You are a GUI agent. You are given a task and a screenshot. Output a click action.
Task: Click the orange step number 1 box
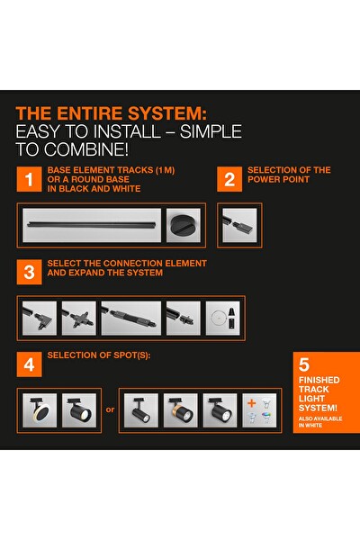point(30,179)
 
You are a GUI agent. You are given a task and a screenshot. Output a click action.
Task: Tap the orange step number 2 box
point(229,179)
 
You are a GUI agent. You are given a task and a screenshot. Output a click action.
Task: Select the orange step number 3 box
point(30,272)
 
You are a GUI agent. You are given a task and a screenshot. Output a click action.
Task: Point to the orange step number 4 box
point(30,364)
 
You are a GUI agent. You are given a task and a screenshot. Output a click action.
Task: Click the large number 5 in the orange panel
point(304,364)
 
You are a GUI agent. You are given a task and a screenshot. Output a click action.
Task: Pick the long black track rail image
point(92,225)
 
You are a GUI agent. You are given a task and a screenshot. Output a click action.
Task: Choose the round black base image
point(184,225)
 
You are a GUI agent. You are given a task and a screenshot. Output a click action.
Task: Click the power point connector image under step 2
point(239,225)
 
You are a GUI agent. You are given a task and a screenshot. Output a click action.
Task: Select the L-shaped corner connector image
point(40,318)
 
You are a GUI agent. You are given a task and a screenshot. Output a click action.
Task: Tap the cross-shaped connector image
point(79,318)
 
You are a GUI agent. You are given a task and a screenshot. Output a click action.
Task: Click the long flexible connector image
point(131,318)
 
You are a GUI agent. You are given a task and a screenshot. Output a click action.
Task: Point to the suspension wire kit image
point(223,318)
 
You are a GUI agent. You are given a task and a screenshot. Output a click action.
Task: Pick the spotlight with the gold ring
point(181,410)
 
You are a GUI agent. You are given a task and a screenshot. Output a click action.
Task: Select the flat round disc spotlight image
point(40,410)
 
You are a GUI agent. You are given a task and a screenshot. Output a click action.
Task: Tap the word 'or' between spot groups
point(110,409)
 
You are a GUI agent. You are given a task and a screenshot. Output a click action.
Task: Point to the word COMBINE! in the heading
point(86,149)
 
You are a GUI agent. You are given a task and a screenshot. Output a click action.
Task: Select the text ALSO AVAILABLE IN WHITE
point(320,422)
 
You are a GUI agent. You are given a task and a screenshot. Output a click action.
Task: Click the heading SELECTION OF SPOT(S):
point(99,355)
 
